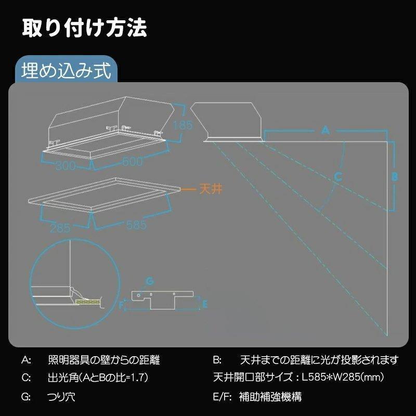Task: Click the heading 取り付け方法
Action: click(x=84, y=28)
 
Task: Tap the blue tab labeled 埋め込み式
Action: click(x=66, y=71)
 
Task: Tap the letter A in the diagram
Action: click(x=326, y=131)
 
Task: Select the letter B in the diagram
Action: click(x=395, y=176)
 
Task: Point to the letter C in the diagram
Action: click(x=338, y=176)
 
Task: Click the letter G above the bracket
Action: click(x=149, y=281)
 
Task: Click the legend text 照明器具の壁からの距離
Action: click(x=103, y=360)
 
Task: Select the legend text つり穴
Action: click(x=61, y=397)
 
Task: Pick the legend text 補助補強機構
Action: click(x=270, y=397)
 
